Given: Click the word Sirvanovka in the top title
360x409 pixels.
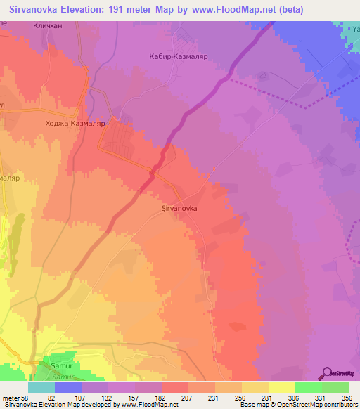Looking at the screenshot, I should coord(32,8).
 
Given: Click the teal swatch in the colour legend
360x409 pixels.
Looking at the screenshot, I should coord(41,387).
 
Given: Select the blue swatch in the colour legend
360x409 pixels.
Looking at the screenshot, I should coord(68,387).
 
